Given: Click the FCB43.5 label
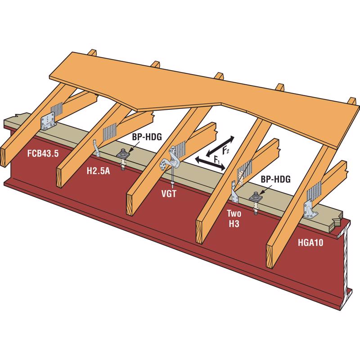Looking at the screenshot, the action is (43, 153).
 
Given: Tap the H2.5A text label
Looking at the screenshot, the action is (98, 171).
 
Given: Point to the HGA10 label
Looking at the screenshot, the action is (310, 243).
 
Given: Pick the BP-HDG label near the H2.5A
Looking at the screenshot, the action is (147, 137).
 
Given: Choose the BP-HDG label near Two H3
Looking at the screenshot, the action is (275, 179).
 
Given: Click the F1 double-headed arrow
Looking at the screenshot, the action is (210, 164).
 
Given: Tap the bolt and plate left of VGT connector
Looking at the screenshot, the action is (123, 158).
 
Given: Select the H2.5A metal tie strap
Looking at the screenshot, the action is (97, 148).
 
